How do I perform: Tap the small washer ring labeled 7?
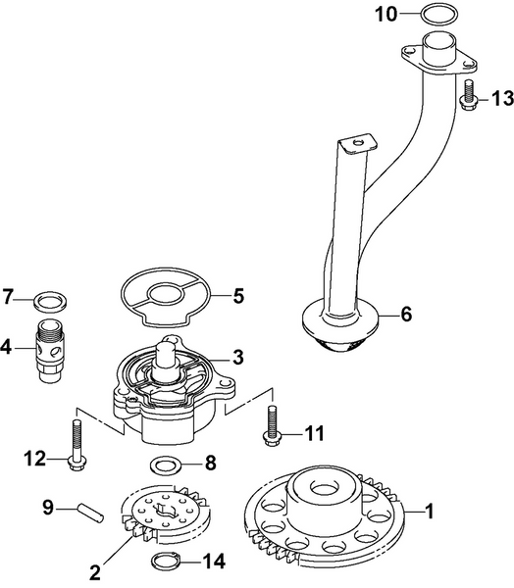46,297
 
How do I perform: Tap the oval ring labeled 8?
165,463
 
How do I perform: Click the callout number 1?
428,510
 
